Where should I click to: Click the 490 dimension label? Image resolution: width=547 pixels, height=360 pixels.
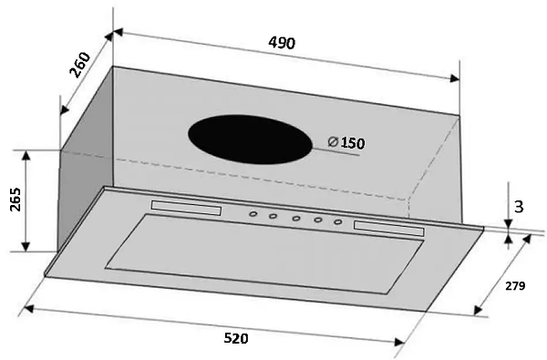(282, 43)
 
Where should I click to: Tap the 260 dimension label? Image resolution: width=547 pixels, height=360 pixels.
(80, 65)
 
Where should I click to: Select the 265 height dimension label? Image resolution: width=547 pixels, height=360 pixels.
(15, 200)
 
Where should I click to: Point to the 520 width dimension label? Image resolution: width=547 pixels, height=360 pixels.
(236, 338)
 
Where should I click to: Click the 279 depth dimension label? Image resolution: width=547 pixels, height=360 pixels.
(515, 285)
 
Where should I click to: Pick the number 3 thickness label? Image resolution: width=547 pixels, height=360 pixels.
(519, 207)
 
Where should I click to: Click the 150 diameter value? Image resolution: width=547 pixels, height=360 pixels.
(352, 143)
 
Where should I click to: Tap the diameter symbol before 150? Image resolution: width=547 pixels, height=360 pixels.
(333, 141)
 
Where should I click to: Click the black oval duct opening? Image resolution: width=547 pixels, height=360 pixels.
(250, 139)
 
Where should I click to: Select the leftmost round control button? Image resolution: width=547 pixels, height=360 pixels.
(253, 214)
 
